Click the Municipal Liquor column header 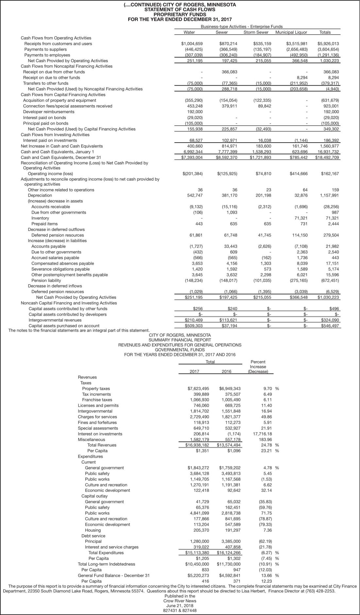[291, 32]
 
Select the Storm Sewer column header [256, 32]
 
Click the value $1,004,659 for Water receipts [192, 44]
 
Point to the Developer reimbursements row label [49, 112]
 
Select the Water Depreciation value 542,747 [194, 195]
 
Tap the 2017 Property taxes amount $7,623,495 [198, 389]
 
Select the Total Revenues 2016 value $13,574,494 [229, 445]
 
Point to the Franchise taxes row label [97, 400]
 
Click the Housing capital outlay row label [93, 530]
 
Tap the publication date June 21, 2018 [180, 606]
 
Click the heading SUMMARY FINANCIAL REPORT [180, 340]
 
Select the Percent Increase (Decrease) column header [258, 367]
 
